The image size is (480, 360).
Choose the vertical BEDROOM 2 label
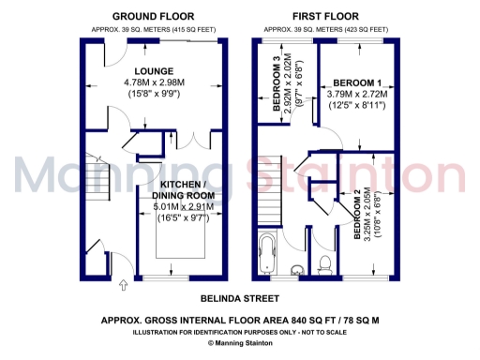point(358,218)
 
